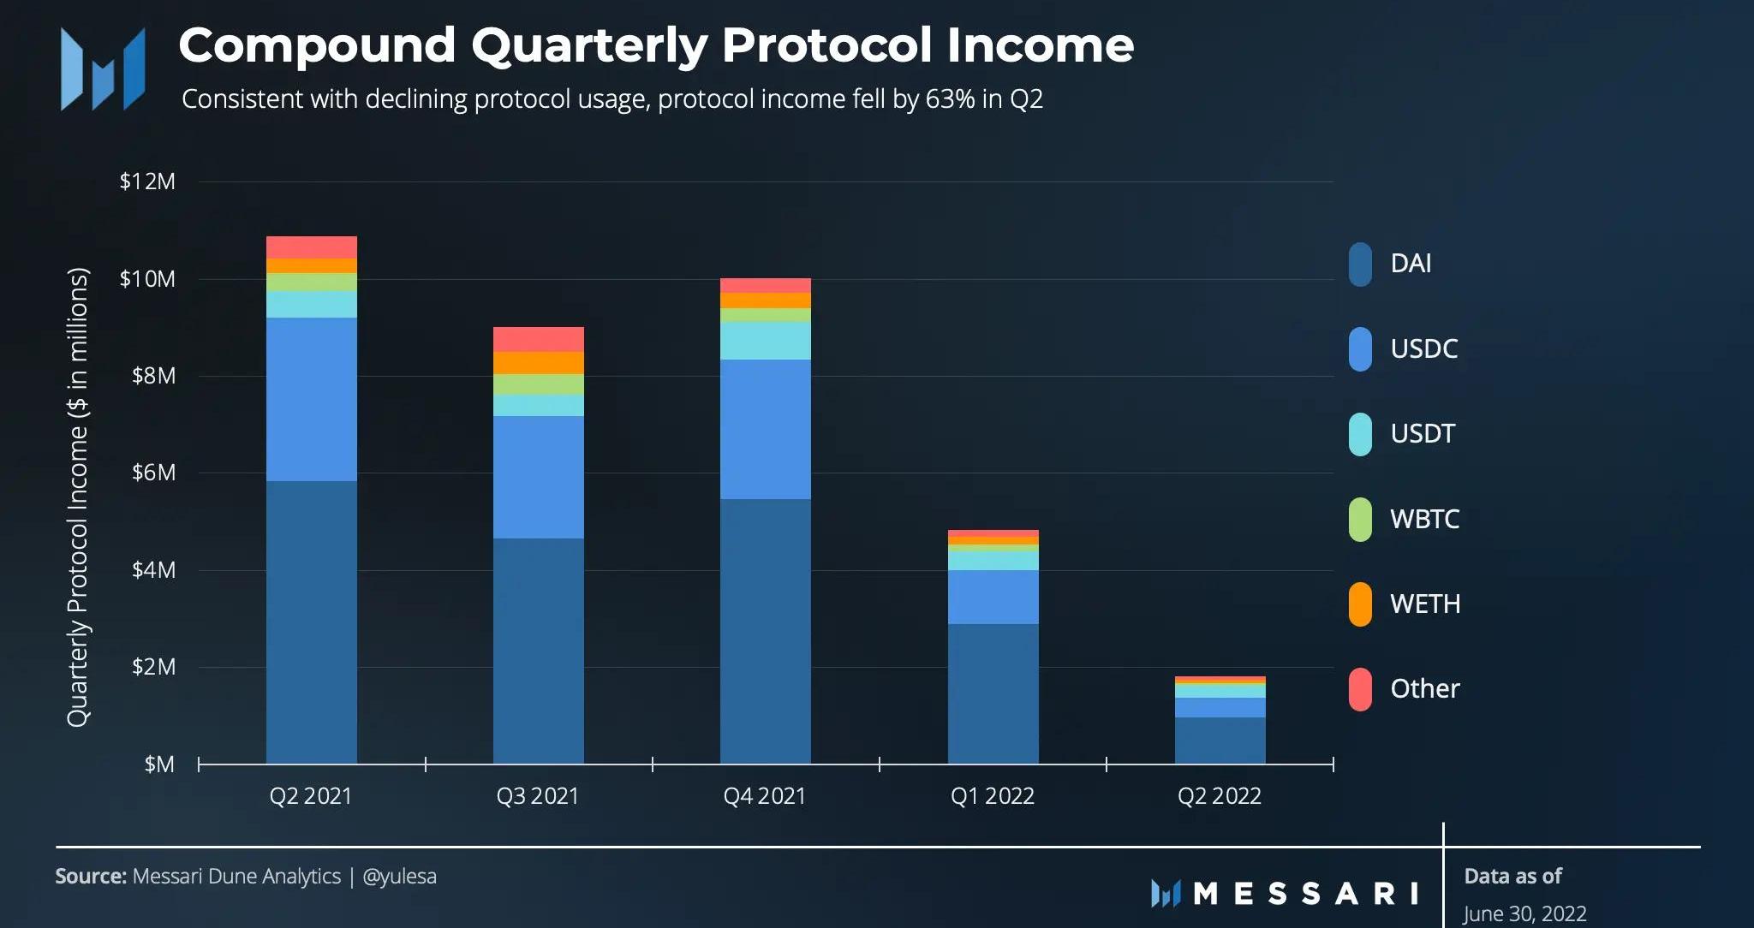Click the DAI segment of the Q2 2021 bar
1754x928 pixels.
tap(311, 622)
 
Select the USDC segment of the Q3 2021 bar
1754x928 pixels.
tap(538, 477)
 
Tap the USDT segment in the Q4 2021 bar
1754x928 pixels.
tap(765, 341)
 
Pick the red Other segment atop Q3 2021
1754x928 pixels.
tap(538, 339)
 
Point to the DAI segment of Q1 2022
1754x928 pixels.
tap(993, 693)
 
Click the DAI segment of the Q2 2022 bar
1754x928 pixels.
tap(1220, 741)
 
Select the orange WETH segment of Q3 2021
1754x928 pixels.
tap(538, 363)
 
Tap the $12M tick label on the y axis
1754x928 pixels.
tap(147, 181)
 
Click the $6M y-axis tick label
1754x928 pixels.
tap(153, 473)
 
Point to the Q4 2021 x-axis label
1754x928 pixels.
tap(765, 796)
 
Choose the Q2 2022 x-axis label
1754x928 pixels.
tap(1219, 796)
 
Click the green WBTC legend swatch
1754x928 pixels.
tap(1360, 519)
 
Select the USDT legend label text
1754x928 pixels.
tap(1422, 434)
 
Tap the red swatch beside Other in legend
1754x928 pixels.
tap(1360, 689)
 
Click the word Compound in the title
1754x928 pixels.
tap(317, 45)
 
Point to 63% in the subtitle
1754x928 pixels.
tap(950, 99)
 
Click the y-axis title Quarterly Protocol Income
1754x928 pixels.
tap(78, 497)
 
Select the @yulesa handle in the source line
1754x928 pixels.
tap(399, 877)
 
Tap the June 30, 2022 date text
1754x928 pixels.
tap(1524, 913)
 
